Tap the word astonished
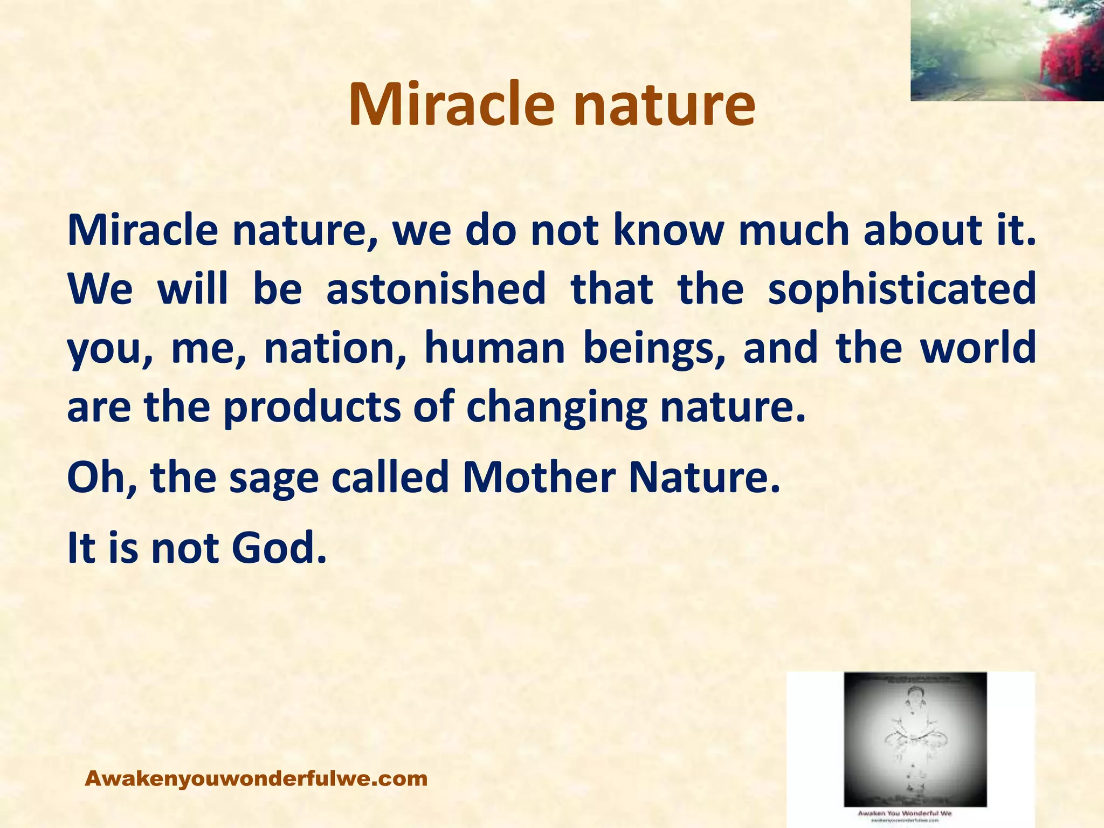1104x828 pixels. point(436,288)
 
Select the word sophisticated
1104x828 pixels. point(901,289)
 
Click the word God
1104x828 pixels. point(279,548)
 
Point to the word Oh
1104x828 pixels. point(100,478)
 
